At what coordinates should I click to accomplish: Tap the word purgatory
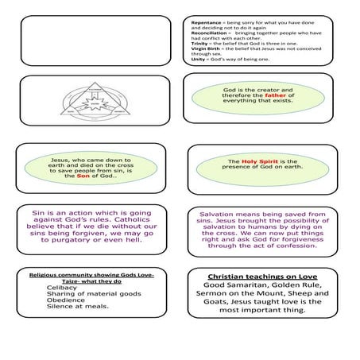tap(73, 242)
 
